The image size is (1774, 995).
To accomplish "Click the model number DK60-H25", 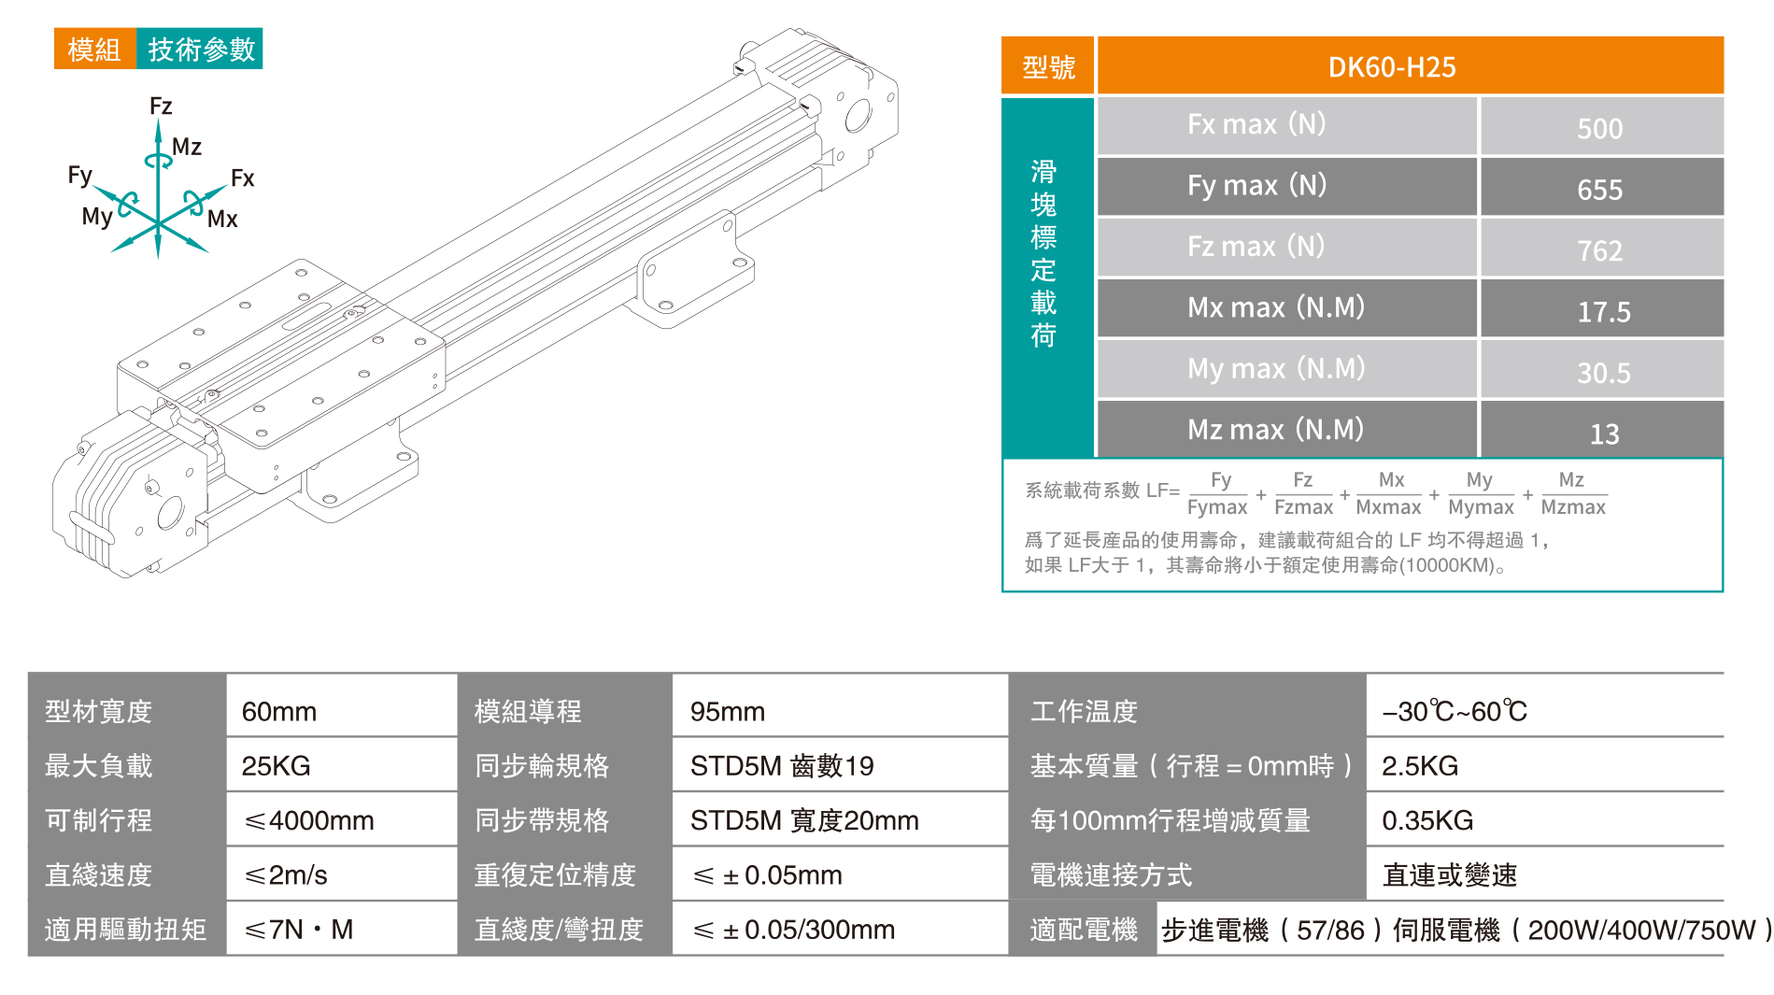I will [1391, 67].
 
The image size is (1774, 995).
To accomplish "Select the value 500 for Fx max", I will [1599, 128].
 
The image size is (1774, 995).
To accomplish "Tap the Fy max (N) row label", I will [1256, 185].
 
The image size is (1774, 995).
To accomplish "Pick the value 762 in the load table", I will [1599, 250].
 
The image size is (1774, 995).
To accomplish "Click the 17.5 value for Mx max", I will [1603, 311].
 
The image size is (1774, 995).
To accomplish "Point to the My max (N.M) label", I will [1275, 368].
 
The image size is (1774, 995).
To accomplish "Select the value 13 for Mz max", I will [1604, 434].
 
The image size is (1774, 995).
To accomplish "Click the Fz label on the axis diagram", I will [161, 106].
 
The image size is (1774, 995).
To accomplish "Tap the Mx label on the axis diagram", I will [222, 219].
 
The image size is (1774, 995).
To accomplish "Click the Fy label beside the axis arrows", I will [80, 175].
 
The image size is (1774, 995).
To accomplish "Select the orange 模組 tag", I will [94, 49].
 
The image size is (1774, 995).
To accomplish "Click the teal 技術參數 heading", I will [201, 49].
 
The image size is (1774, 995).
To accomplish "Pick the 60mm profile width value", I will [278, 711].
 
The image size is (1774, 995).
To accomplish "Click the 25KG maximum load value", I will [276, 765].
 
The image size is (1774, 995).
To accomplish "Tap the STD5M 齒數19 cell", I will [781, 765].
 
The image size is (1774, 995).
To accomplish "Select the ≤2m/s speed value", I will [286, 874].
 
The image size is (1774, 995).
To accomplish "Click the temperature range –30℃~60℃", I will [1454, 711].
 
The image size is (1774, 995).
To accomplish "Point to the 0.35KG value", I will [1426, 820].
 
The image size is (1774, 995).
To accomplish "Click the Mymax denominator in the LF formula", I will [1480, 507].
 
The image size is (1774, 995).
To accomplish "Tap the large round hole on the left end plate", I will [170, 512].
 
